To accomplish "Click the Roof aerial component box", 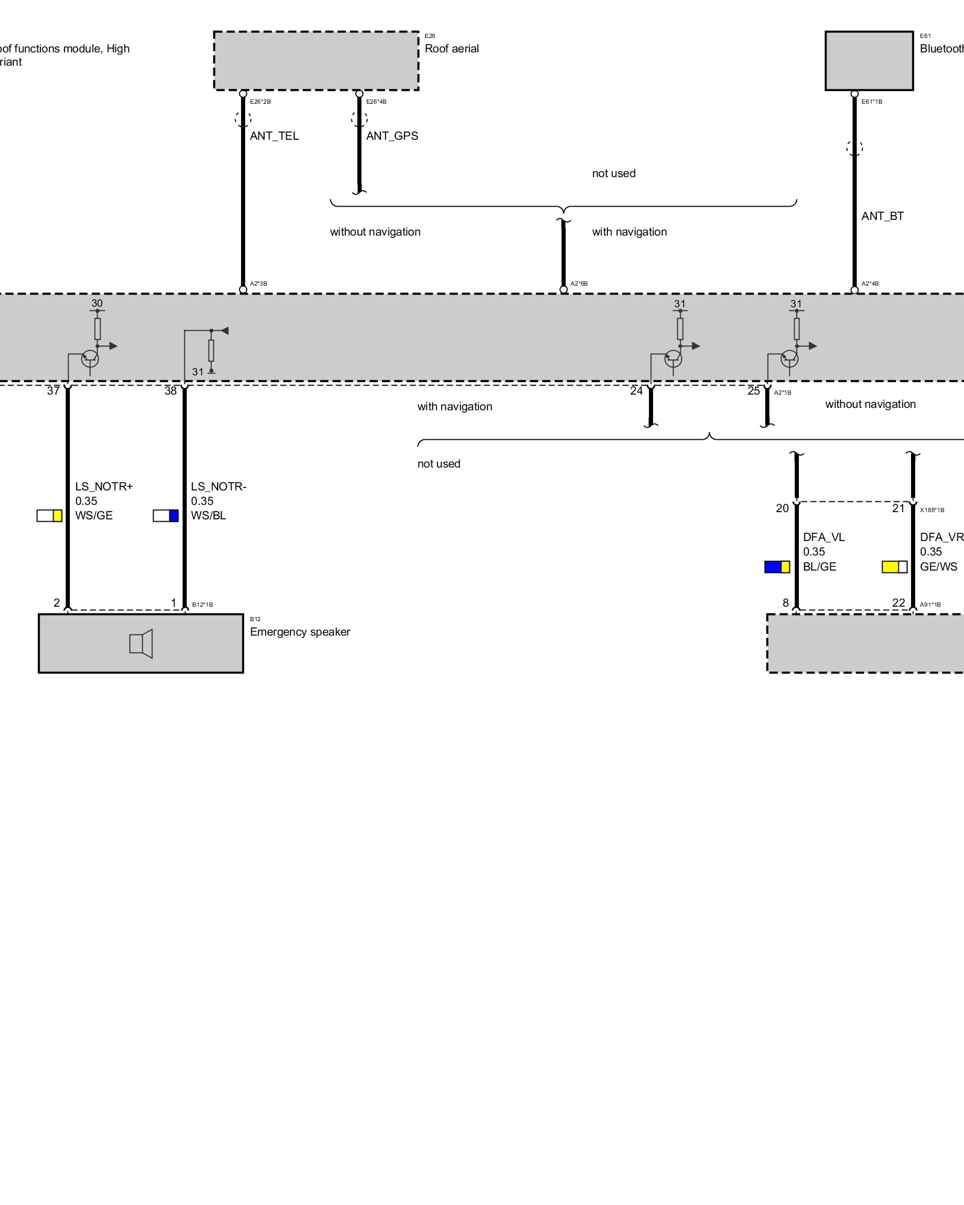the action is point(316,61).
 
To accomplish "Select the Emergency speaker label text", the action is point(299,632).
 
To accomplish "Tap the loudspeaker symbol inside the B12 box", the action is point(141,643).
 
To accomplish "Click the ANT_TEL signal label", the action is point(274,136).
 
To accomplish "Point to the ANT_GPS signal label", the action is point(392,136).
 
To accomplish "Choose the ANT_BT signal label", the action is point(882,216).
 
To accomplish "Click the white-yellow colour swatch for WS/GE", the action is point(49,516).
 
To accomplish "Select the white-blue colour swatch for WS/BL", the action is point(166,516).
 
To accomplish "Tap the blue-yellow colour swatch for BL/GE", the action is point(777,567).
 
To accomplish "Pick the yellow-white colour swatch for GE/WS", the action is point(894,567).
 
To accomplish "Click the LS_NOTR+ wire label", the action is point(104,487).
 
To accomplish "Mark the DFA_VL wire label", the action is point(824,537).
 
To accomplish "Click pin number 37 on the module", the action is point(53,391).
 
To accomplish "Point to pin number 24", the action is point(636,391).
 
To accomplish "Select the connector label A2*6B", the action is point(579,284).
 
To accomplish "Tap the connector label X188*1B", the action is point(931,510).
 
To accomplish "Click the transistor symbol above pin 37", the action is point(90,358).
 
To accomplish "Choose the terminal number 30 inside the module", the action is point(97,304).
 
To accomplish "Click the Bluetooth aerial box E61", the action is point(869,61).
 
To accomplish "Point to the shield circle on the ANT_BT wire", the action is point(854,148).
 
